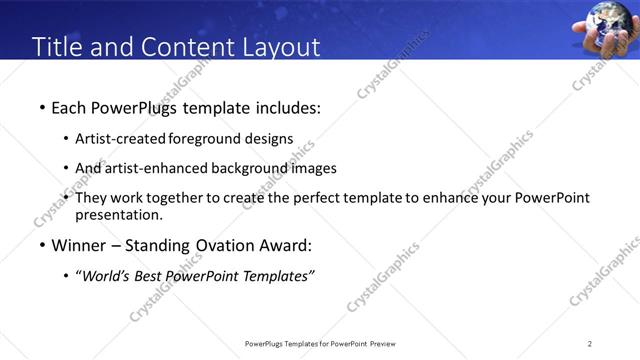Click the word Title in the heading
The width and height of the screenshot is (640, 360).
(x=58, y=47)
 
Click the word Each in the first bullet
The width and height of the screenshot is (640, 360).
(x=69, y=106)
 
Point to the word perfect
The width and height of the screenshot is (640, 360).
(x=326, y=198)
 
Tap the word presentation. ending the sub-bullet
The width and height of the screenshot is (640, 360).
(x=118, y=214)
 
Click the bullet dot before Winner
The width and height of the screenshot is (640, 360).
(x=41, y=246)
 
